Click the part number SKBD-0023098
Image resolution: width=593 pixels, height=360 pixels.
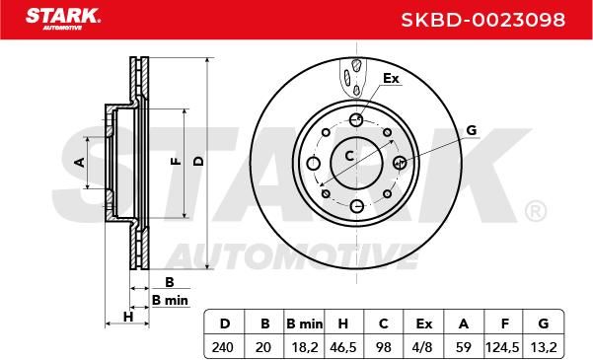482,20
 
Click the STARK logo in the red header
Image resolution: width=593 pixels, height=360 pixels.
62,19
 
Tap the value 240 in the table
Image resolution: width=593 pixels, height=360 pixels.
223,347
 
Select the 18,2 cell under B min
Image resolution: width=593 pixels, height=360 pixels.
305,347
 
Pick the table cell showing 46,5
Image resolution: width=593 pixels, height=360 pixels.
343,347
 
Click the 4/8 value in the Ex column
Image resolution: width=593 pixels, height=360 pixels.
423,347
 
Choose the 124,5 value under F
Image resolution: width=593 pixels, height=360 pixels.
502,347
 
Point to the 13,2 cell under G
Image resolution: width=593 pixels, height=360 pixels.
544,347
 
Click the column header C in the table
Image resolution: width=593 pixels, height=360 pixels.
383,324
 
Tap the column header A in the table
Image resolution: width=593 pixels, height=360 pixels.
464,324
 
